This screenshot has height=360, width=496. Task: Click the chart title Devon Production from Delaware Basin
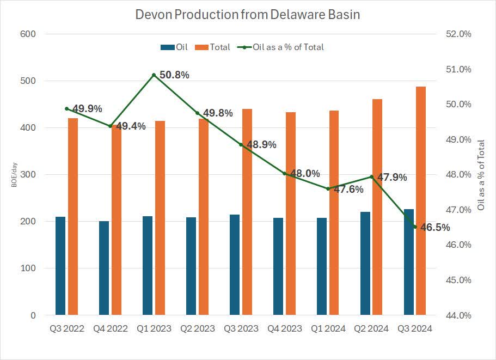click(248, 15)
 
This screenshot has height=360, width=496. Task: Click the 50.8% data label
click(174, 75)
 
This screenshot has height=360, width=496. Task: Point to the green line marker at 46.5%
click(415, 227)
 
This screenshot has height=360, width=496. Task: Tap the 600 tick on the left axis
click(28, 34)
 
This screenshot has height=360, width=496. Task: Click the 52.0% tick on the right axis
click(458, 34)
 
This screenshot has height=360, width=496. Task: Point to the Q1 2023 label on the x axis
click(154, 328)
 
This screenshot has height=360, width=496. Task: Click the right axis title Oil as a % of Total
click(480, 175)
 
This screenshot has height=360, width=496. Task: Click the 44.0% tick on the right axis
click(458, 315)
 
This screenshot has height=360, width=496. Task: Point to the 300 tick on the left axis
click(28, 175)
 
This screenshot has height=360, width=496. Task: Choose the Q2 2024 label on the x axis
click(371, 328)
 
